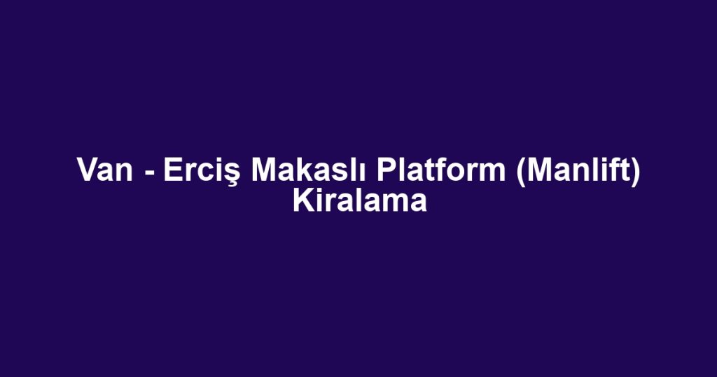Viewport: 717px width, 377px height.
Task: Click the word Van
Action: pyautogui.click(x=104, y=170)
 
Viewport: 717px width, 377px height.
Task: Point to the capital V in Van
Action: pyautogui.click(x=86, y=170)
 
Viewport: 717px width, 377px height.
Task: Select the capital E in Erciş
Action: pyautogui.click(x=172, y=170)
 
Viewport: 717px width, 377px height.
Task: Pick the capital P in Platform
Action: pyautogui.click(x=384, y=170)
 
